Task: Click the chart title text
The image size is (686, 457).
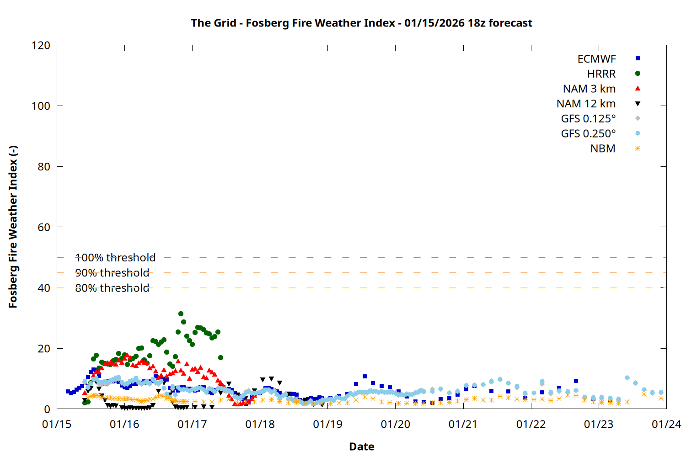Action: click(x=361, y=23)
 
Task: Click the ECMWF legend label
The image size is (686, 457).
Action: click(x=596, y=59)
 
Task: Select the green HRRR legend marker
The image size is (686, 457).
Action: click(x=638, y=74)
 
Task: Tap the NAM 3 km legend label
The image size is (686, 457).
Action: click(x=589, y=89)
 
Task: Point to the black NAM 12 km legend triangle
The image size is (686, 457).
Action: click(x=638, y=104)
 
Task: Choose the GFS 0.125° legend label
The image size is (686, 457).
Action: click(x=588, y=119)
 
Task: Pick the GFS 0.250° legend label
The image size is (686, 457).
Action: click(x=588, y=134)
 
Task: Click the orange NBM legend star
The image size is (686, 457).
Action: click(x=638, y=149)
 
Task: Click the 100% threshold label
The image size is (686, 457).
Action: click(x=115, y=258)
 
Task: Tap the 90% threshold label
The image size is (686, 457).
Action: click(x=112, y=273)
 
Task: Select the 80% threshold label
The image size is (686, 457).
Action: click(x=112, y=288)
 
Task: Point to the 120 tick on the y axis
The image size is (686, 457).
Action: click(x=41, y=45)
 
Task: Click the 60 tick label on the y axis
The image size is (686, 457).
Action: click(x=44, y=227)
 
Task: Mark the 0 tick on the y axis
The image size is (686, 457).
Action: click(x=47, y=409)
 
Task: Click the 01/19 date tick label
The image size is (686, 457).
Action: click(x=327, y=425)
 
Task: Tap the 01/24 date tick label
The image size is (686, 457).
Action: click(x=666, y=425)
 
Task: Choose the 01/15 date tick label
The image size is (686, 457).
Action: click(x=57, y=425)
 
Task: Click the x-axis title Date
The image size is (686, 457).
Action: click(x=361, y=446)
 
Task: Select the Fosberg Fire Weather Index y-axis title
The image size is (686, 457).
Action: click(x=13, y=227)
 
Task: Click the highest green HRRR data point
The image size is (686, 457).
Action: click(x=181, y=314)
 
